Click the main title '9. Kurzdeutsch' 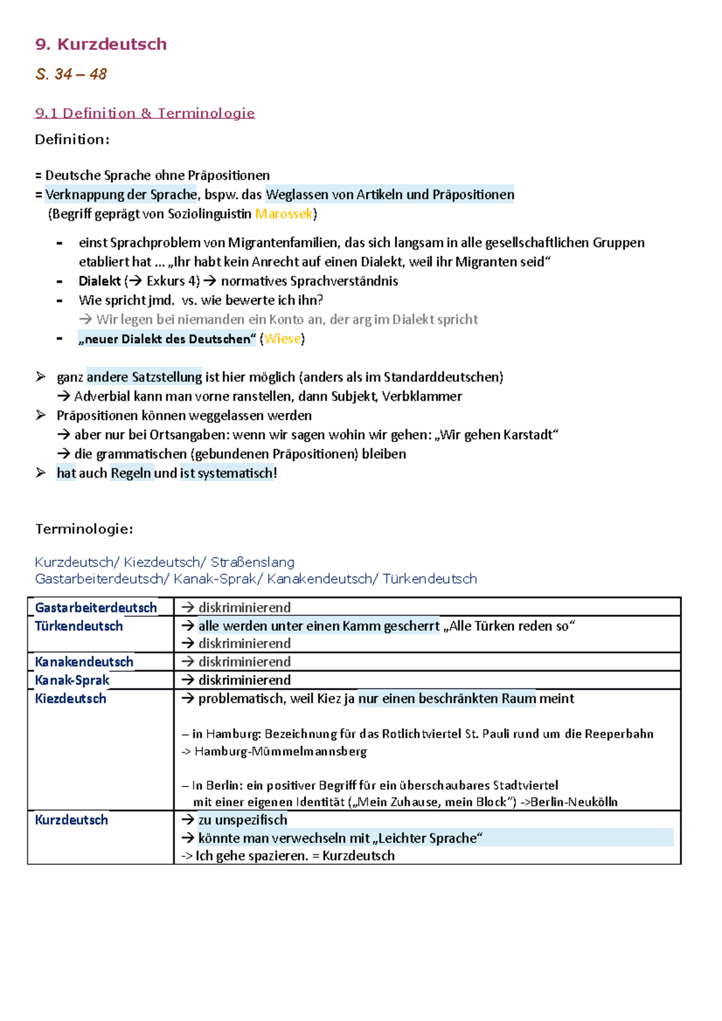pos(100,44)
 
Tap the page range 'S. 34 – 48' pos(71,75)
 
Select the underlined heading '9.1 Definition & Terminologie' pos(145,113)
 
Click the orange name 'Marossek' pos(283,214)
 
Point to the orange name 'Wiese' pos(282,339)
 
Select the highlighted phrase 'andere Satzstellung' pos(144,378)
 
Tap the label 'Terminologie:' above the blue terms pos(84,529)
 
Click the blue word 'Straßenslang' pos(253,562)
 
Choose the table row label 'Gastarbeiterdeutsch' pos(96,608)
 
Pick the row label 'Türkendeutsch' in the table pos(79,627)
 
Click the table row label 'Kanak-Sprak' pos(72,681)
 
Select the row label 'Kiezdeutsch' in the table pos(70,699)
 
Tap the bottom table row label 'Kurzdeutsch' pos(72,820)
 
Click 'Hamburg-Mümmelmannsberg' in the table pos(280,752)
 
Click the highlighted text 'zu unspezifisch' pos(242,820)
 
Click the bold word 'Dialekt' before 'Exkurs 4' pos(99,281)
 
